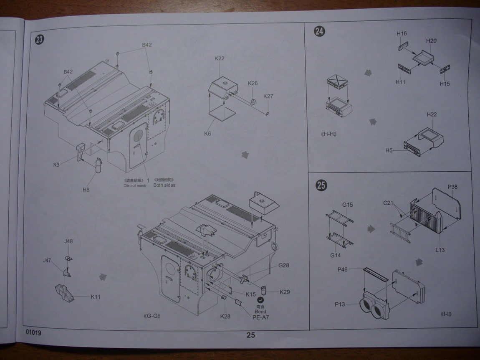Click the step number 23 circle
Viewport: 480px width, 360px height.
click(x=40, y=40)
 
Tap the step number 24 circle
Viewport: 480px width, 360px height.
click(x=320, y=31)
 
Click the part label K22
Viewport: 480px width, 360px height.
click(x=220, y=58)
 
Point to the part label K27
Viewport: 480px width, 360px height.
click(x=268, y=96)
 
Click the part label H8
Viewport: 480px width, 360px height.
click(x=86, y=190)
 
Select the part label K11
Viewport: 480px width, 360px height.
click(x=96, y=297)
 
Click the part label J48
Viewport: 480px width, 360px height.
click(x=68, y=241)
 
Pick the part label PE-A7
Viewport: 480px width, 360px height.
click(x=261, y=317)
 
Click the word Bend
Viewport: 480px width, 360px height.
click(x=260, y=312)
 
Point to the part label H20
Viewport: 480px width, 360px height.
click(x=432, y=41)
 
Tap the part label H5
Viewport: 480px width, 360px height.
click(x=389, y=150)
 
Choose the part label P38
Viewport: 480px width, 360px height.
click(x=453, y=187)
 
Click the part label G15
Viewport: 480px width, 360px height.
click(x=348, y=205)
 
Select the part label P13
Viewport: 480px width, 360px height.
click(x=340, y=304)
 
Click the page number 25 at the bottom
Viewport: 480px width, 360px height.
click(x=250, y=335)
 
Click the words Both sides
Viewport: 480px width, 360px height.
click(x=164, y=185)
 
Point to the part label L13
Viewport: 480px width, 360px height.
click(x=440, y=250)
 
